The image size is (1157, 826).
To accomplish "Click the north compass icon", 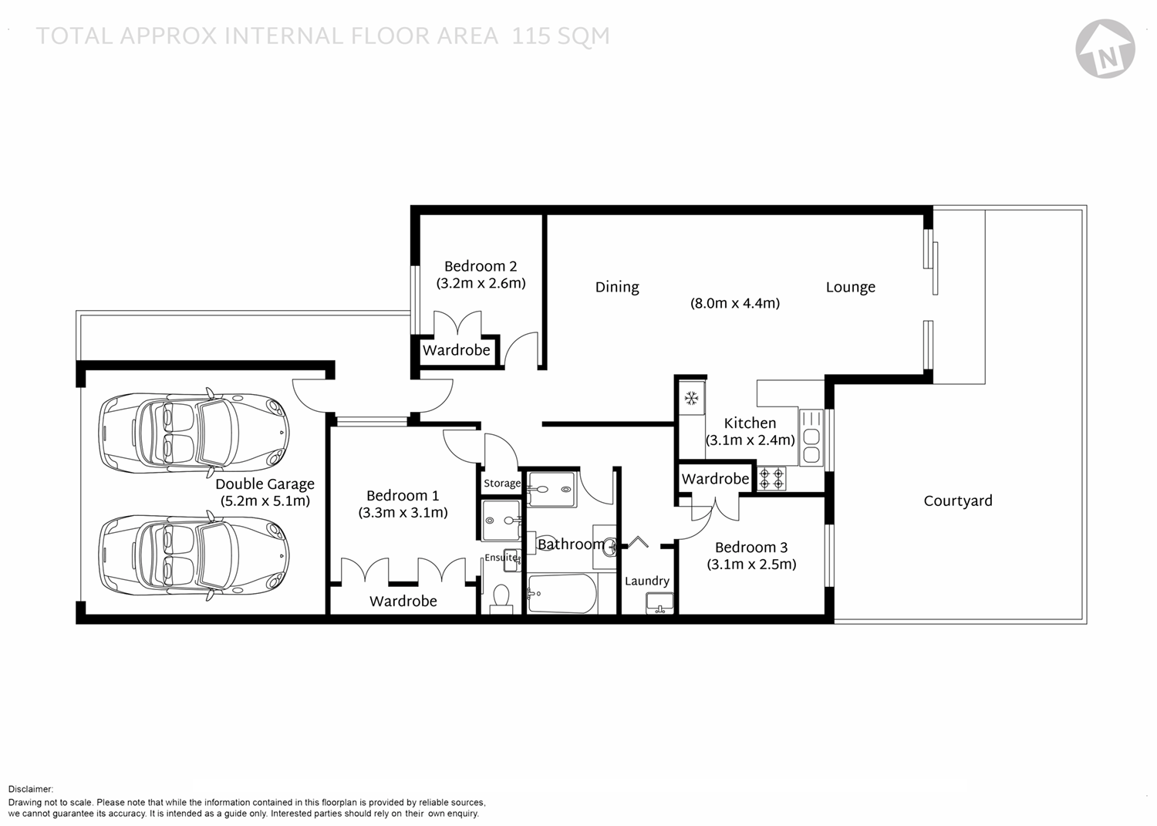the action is pos(1105,49).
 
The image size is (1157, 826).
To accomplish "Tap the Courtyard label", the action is pos(958,501).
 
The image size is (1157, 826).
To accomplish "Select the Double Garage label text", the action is pos(265,484).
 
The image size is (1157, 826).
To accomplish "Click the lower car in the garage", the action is pos(194,555).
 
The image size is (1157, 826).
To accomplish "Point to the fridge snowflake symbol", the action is pos(691,398).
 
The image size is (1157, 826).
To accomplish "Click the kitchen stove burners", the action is pos(771,478).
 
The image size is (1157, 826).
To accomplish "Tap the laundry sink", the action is pos(660,603).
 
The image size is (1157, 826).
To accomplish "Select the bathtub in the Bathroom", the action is pos(562,594).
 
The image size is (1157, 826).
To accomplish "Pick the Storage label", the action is pos(502,484).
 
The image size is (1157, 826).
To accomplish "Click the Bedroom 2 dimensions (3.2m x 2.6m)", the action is pos(481,284).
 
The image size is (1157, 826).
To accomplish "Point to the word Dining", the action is pos(617,287).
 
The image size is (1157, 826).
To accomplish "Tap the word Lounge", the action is pos(851,287).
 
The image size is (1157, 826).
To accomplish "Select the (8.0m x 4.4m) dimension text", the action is pos(735,303).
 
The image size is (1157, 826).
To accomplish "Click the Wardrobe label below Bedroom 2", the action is pos(457,350).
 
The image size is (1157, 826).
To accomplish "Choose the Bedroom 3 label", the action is pos(751,547).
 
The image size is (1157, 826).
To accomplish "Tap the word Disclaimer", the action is pos(31,789).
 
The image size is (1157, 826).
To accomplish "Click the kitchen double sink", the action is pos(811,446).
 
